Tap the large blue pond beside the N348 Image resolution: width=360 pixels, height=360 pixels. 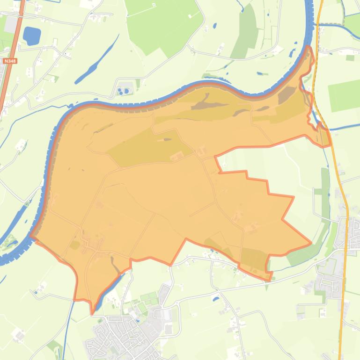coord(31,36)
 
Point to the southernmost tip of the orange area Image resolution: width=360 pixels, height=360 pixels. coord(93,310)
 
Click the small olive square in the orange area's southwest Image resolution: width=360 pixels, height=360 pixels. coord(74,245)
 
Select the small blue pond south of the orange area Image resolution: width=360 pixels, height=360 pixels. coord(215,298)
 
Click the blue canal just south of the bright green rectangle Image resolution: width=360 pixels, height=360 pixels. coord(344,127)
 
